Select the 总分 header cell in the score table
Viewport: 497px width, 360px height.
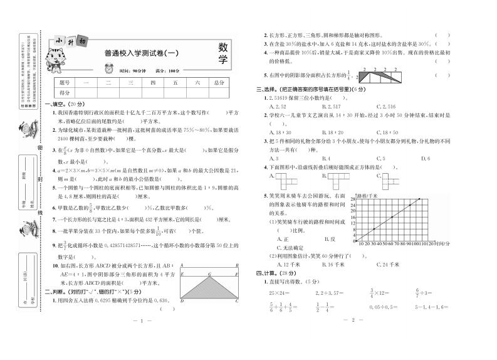point(218,82)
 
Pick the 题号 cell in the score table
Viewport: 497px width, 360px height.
point(64,82)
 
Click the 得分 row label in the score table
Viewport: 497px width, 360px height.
point(64,92)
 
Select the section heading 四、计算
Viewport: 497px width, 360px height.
point(271,274)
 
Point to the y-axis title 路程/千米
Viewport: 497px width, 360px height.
point(367,196)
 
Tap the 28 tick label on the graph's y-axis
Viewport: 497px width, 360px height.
point(353,199)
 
